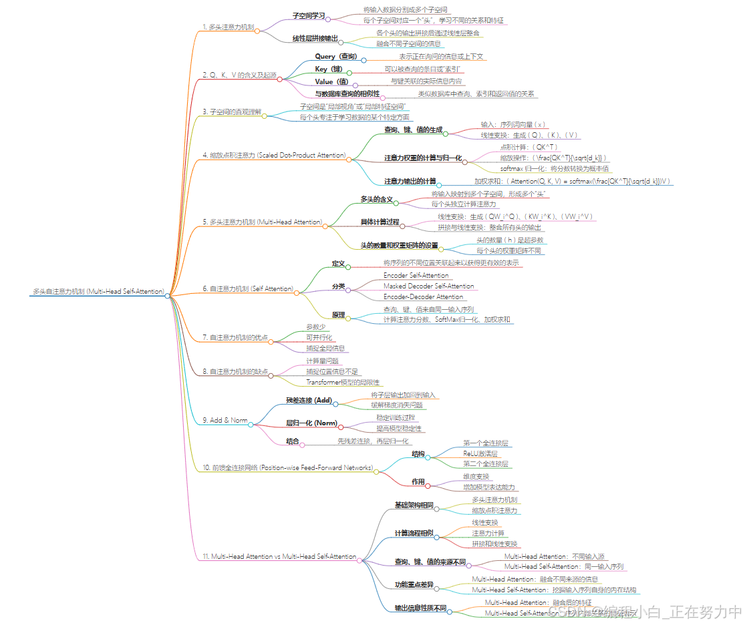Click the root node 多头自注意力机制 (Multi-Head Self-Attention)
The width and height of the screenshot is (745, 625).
98,292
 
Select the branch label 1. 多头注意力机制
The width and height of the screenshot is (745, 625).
228,27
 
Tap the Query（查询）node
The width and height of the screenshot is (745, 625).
336,57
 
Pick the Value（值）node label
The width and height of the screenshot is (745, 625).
331,81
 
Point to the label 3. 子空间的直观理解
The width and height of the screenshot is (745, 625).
232,112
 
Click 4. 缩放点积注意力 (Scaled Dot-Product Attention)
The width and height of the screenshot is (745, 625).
273,155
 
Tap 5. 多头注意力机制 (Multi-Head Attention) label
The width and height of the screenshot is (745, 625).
262,222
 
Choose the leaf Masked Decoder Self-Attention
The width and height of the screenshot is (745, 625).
428,286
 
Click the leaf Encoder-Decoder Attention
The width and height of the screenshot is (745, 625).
423,296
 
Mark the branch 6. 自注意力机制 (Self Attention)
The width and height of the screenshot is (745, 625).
248,288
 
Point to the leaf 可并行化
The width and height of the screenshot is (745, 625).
319,337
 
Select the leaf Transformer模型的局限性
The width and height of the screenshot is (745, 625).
343,382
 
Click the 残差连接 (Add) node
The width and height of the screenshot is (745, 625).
309,400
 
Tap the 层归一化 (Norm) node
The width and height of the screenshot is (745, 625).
311,423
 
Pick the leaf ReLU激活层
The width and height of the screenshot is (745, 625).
480,453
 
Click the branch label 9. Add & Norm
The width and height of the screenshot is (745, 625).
225,421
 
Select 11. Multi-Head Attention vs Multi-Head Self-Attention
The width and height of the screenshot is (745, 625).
279,556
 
